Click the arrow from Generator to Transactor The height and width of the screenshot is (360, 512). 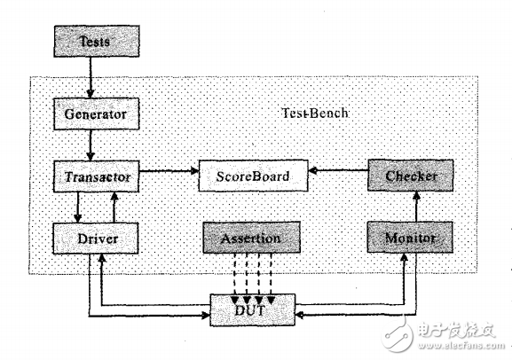(x=91, y=145)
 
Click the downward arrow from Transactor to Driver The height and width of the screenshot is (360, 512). (x=78, y=207)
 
